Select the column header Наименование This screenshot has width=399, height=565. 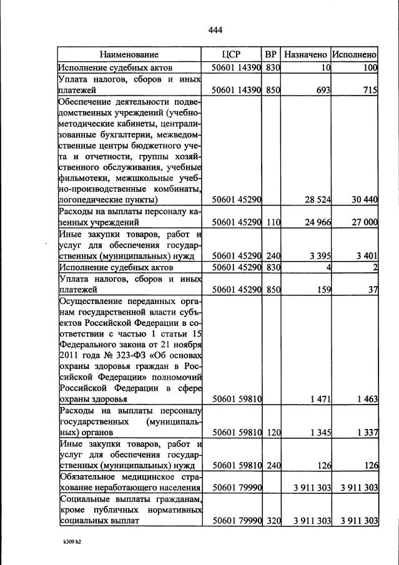(x=129, y=54)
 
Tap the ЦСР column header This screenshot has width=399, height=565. (x=231, y=54)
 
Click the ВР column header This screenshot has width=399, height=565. (x=270, y=54)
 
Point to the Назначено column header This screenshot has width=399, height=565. (x=305, y=54)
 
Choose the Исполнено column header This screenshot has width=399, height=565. (x=354, y=54)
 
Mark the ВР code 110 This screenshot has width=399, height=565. (x=271, y=222)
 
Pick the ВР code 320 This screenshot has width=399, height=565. (x=271, y=520)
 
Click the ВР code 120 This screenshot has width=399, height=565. (x=271, y=432)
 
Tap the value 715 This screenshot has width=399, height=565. (x=370, y=91)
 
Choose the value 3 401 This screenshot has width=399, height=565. (x=366, y=255)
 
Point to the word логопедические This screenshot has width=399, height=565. (x=87, y=200)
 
